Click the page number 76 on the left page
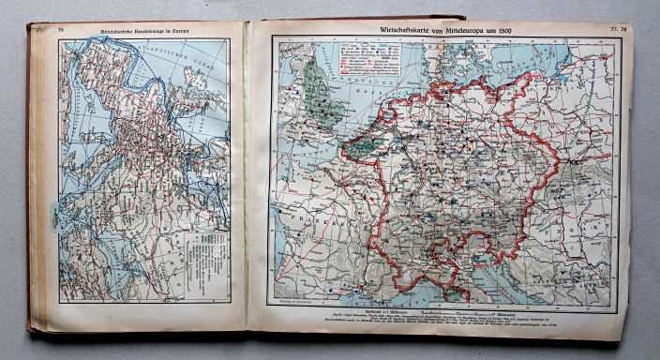tap(62, 33)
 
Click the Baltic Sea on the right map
tap(525, 66)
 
